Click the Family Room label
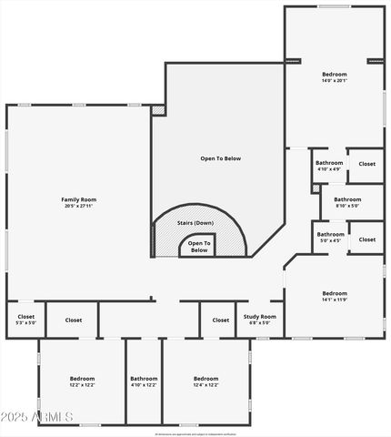click(x=78, y=199)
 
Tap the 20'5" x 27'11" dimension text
click(x=78, y=207)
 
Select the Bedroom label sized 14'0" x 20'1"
click(x=335, y=74)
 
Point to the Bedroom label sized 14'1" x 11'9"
click(x=335, y=293)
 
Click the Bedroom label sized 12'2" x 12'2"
click(x=82, y=378)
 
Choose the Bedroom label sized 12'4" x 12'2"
click(x=206, y=378)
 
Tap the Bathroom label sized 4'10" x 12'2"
click(x=144, y=378)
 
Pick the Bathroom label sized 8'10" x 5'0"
click(x=346, y=199)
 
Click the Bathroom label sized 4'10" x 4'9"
click(x=329, y=163)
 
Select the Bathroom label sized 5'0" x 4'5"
click(x=330, y=235)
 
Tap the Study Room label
click(x=260, y=317)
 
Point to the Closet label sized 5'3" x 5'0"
click(x=25, y=317)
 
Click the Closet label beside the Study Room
click(x=221, y=320)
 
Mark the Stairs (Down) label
click(x=195, y=223)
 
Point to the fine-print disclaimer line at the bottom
click(x=195, y=432)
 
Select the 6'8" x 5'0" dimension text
click(x=260, y=323)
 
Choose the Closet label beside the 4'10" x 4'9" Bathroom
click(x=366, y=164)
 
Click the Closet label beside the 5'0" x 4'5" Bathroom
click(x=366, y=239)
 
